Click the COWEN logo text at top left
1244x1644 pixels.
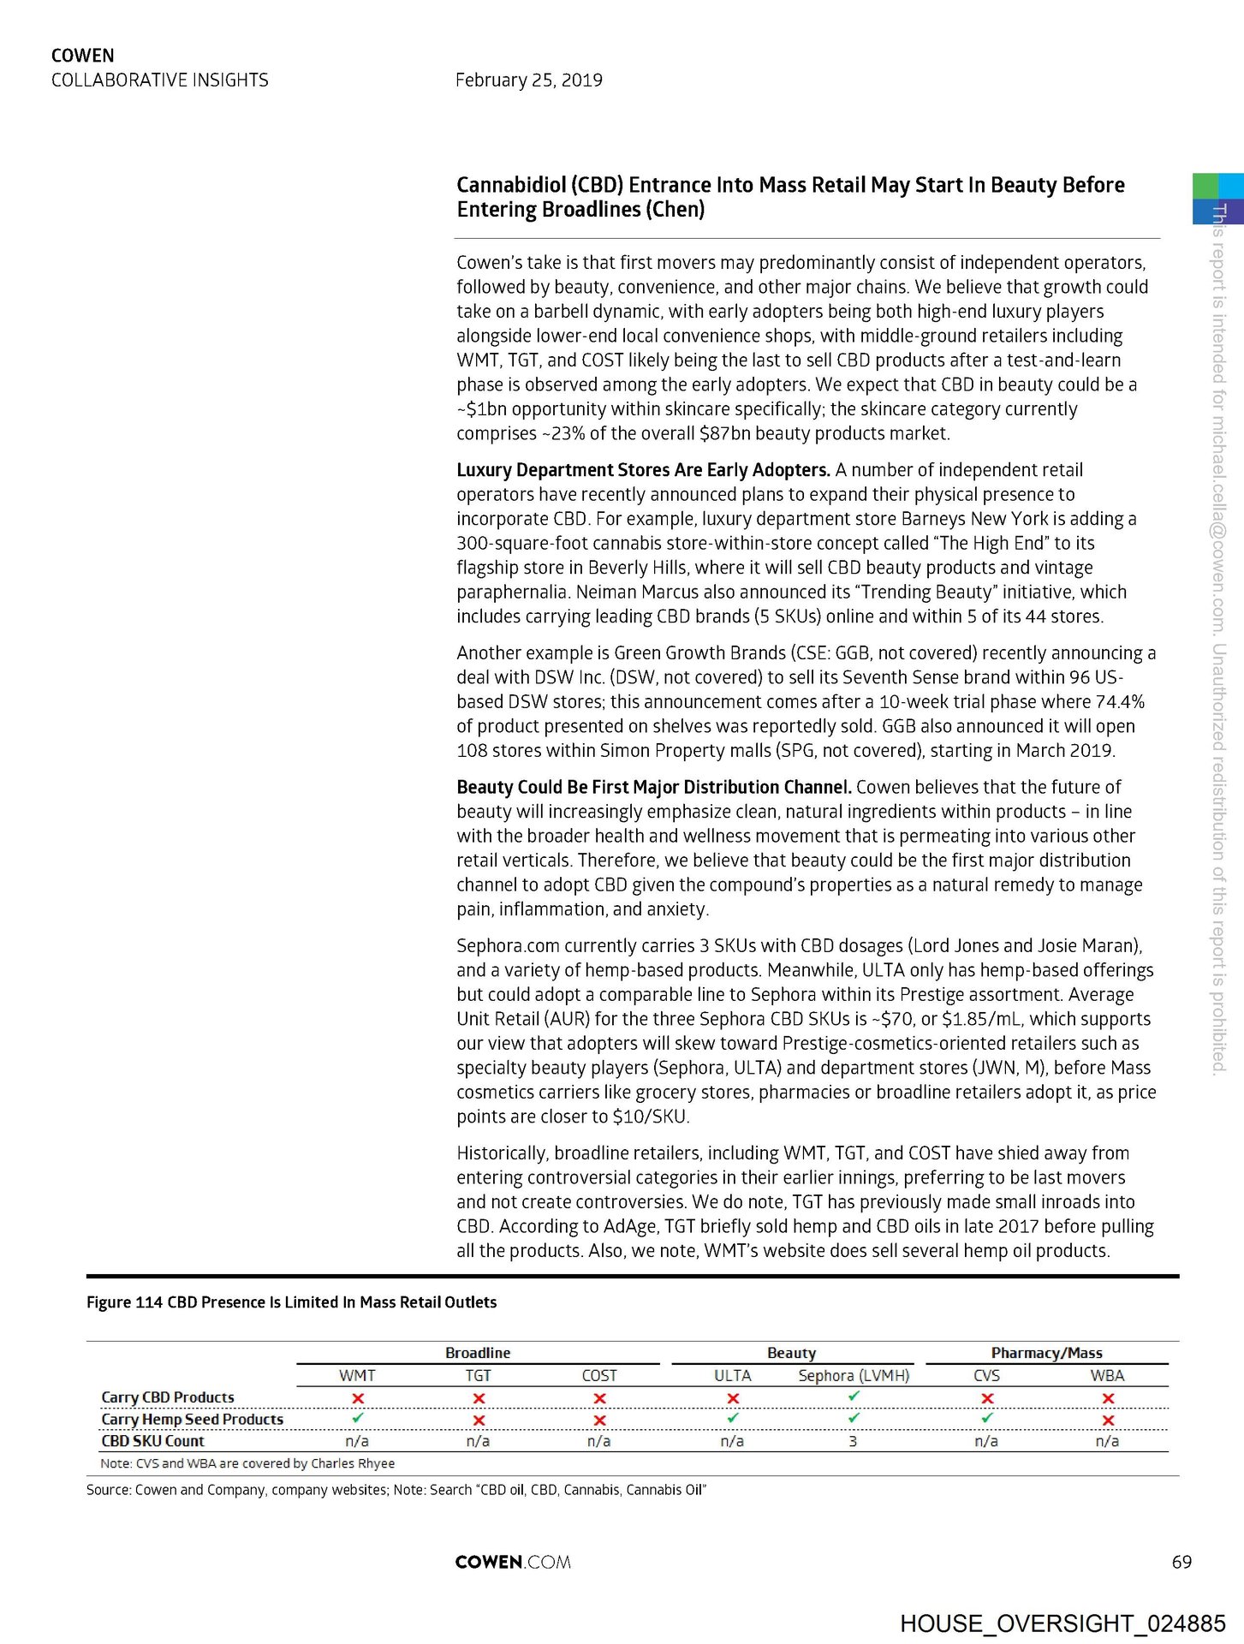[82, 56]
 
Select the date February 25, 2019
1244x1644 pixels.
[528, 80]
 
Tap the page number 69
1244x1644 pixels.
[1182, 1562]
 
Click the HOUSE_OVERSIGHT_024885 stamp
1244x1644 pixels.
[1062, 1623]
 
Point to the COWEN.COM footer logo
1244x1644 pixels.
[513, 1562]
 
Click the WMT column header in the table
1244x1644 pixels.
[357, 1375]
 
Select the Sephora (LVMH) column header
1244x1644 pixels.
[854, 1375]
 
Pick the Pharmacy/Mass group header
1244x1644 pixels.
[1046, 1353]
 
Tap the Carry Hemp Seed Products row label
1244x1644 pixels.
[192, 1419]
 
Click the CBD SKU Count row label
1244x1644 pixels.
[152, 1441]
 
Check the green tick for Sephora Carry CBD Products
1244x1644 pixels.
[854, 1397]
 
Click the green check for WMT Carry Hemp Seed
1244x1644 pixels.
[358, 1419]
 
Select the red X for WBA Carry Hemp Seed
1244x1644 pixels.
[1108, 1420]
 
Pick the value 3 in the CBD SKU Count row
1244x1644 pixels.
[853, 1441]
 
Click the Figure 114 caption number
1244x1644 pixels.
[124, 1302]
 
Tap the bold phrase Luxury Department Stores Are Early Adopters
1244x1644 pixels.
[643, 470]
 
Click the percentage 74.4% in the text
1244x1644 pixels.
[1120, 702]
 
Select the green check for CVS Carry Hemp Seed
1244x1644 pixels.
[987, 1419]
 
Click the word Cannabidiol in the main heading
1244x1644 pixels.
[511, 185]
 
